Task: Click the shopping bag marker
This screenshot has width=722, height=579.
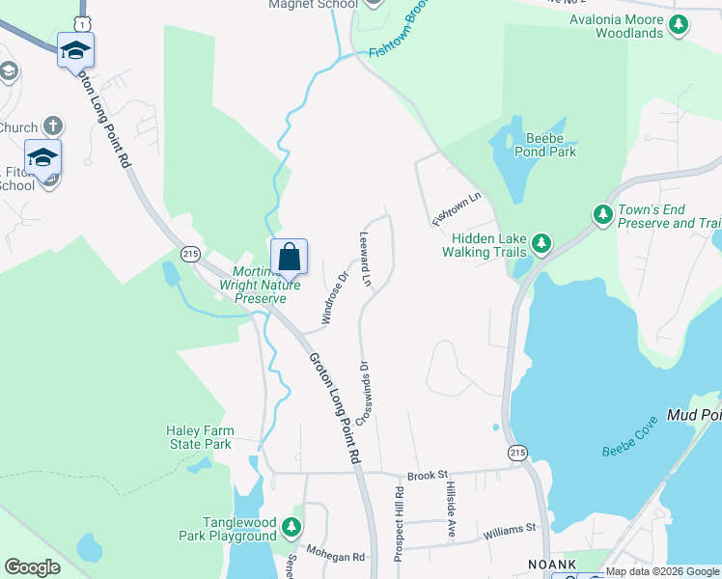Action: click(289, 258)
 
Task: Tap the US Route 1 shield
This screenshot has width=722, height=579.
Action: click(85, 21)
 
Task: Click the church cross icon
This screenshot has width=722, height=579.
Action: click(53, 126)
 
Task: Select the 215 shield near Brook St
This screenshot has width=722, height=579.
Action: click(517, 452)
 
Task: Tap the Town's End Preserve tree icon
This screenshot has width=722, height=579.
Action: click(602, 213)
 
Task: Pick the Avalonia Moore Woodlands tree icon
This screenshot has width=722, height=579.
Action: click(680, 24)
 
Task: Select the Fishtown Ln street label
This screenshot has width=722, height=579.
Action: click(457, 209)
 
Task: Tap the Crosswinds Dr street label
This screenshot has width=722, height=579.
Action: click(365, 393)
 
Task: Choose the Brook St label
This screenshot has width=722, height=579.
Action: click(429, 476)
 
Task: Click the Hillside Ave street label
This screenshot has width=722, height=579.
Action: click(450, 510)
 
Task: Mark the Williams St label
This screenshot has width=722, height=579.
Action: click(510, 529)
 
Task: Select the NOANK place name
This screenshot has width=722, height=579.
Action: click(551, 565)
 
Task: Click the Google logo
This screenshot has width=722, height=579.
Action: click(32, 567)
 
